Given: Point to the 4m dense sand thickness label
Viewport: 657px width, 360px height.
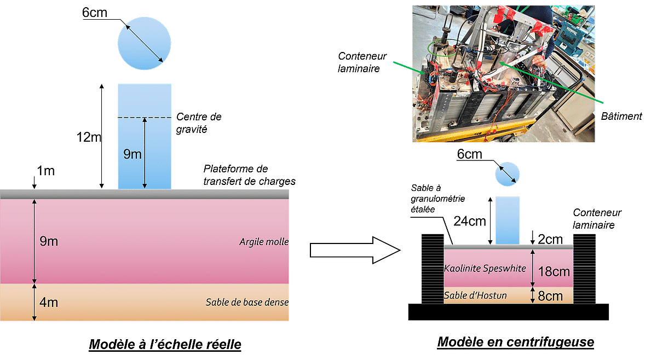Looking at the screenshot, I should [48, 301].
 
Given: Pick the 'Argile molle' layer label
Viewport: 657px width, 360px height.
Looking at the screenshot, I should [264, 242].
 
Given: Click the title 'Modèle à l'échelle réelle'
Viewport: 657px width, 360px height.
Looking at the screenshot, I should [164, 344].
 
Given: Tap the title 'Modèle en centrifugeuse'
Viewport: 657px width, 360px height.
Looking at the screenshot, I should [515, 342].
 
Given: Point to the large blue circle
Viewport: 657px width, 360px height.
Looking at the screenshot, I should [145, 43].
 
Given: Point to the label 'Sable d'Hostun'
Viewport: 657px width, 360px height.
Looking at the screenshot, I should [475, 296].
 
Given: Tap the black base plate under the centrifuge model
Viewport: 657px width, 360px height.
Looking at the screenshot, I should [508, 312].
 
